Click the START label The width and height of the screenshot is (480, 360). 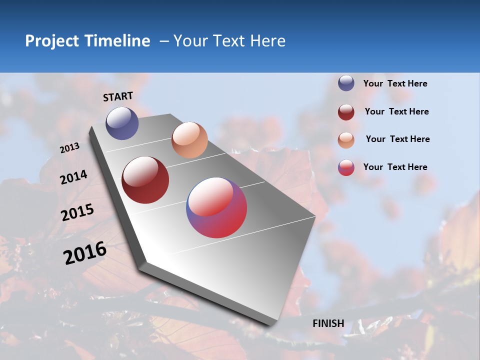click(x=118, y=96)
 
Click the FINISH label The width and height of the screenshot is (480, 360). click(x=328, y=323)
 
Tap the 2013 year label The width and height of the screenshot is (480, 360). click(x=70, y=148)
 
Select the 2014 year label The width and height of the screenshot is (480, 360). click(x=73, y=177)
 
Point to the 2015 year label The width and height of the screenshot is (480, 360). click(x=77, y=212)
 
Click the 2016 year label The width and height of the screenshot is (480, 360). click(x=85, y=253)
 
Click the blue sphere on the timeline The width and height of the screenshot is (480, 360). click(x=122, y=123)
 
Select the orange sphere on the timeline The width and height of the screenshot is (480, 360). click(x=189, y=140)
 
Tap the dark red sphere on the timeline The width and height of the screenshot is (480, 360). click(x=145, y=180)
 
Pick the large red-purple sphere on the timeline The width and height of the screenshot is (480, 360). click(x=216, y=207)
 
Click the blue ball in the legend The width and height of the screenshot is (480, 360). click(x=346, y=83)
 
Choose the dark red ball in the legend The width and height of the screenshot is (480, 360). click(x=346, y=112)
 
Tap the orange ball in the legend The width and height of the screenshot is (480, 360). click(x=346, y=140)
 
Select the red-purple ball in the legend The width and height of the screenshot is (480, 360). click(x=346, y=168)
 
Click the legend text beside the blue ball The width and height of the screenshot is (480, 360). click(x=395, y=83)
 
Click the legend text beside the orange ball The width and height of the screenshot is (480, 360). click(x=397, y=139)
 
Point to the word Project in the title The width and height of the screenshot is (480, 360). click(x=52, y=41)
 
